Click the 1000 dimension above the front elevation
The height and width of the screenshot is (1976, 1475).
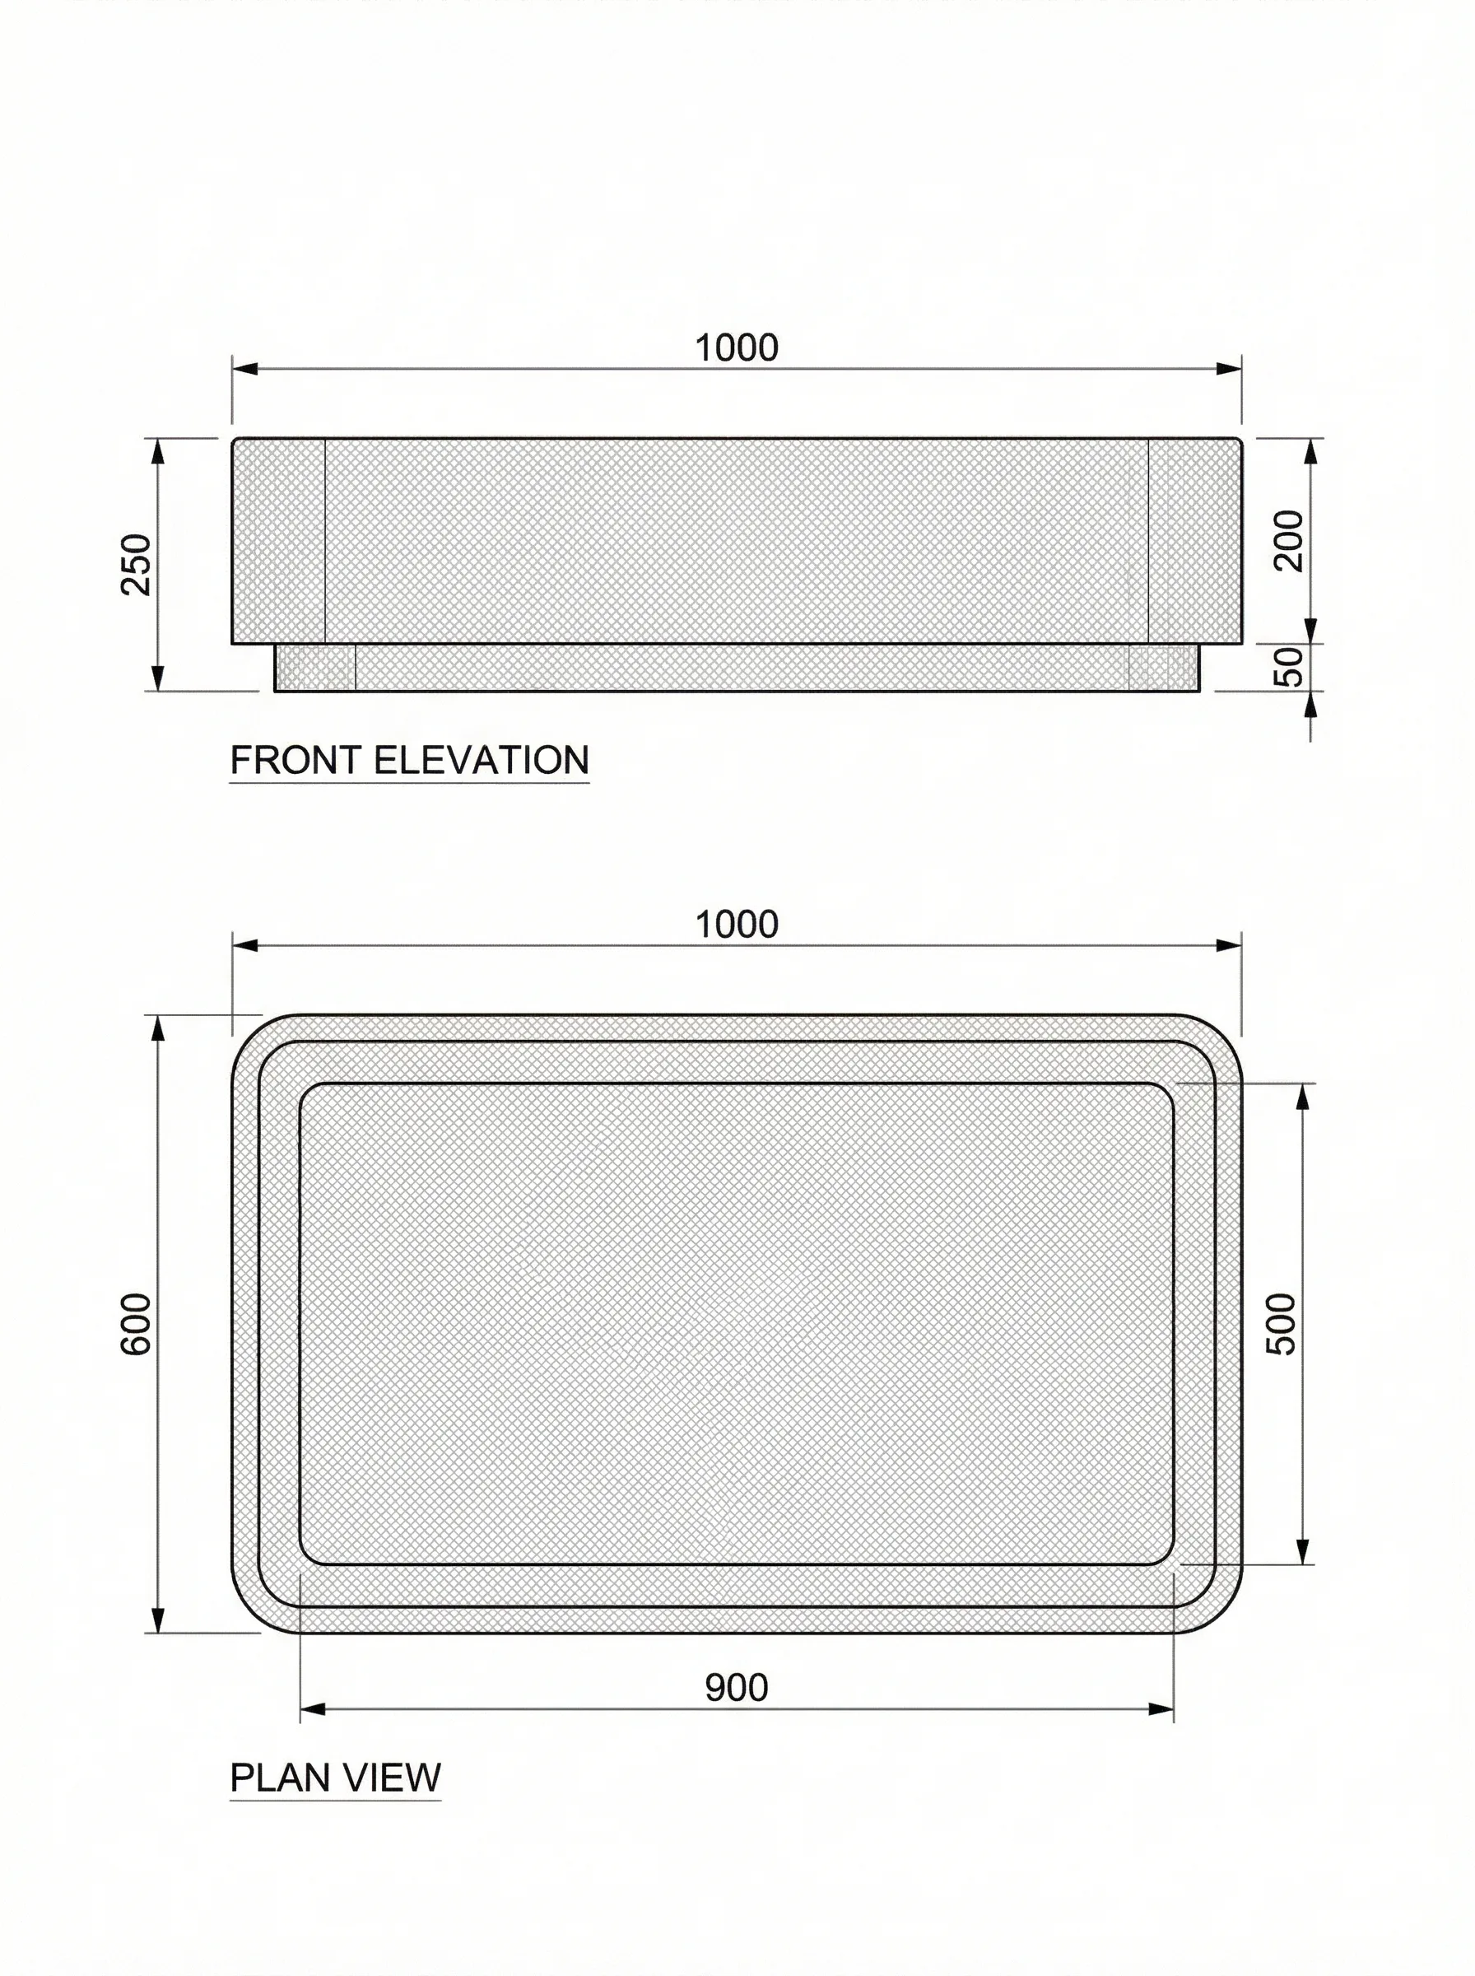point(737,347)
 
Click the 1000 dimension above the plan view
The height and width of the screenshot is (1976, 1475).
point(737,924)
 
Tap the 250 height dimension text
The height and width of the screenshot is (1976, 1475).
point(137,563)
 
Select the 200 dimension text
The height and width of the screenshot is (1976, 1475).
point(1288,540)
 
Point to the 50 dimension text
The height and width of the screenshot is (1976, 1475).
point(1288,666)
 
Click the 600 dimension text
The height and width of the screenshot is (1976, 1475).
point(137,1323)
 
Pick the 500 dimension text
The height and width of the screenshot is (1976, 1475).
point(1282,1323)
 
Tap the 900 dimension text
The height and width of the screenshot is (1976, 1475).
point(737,1688)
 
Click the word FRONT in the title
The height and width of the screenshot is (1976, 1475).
point(296,760)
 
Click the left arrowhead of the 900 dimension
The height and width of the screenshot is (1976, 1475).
point(312,1709)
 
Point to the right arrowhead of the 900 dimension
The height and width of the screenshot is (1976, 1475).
point(1161,1709)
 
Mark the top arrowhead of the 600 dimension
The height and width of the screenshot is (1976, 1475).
point(158,1028)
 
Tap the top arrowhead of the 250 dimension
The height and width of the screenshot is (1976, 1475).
point(158,451)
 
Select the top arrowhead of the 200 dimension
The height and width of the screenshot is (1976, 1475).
point(1310,451)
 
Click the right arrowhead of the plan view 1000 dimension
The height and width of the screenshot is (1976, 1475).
point(1230,945)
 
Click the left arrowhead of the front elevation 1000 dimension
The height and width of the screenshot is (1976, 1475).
point(244,369)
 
